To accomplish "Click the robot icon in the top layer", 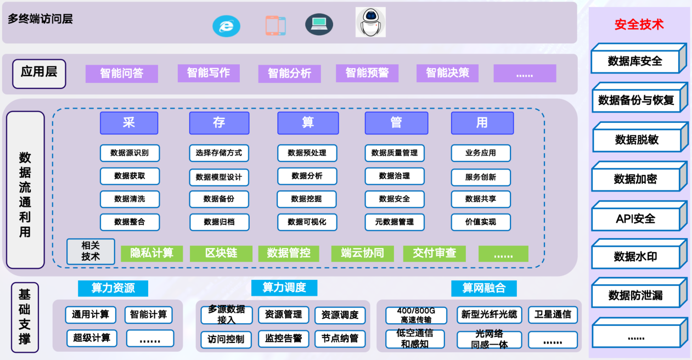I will point(370,22).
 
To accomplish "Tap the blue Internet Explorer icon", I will point(226,26).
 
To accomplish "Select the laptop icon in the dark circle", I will point(319,24).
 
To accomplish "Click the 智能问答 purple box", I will point(121,74).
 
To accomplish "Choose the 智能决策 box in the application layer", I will point(447,73).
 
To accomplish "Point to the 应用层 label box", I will point(39,73).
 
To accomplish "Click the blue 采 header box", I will point(129,123).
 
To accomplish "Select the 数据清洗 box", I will point(130,199).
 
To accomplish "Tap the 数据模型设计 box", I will point(219,177).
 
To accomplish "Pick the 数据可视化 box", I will point(307,222).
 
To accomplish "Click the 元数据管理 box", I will point(395,222).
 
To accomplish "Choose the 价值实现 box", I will point(481,222).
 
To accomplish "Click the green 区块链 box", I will point(221,253).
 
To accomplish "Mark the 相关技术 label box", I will point(91,251).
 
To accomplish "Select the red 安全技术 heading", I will point(639,25).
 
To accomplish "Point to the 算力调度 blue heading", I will point(284,288).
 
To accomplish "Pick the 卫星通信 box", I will point(553,315).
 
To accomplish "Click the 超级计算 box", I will point(92,338).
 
